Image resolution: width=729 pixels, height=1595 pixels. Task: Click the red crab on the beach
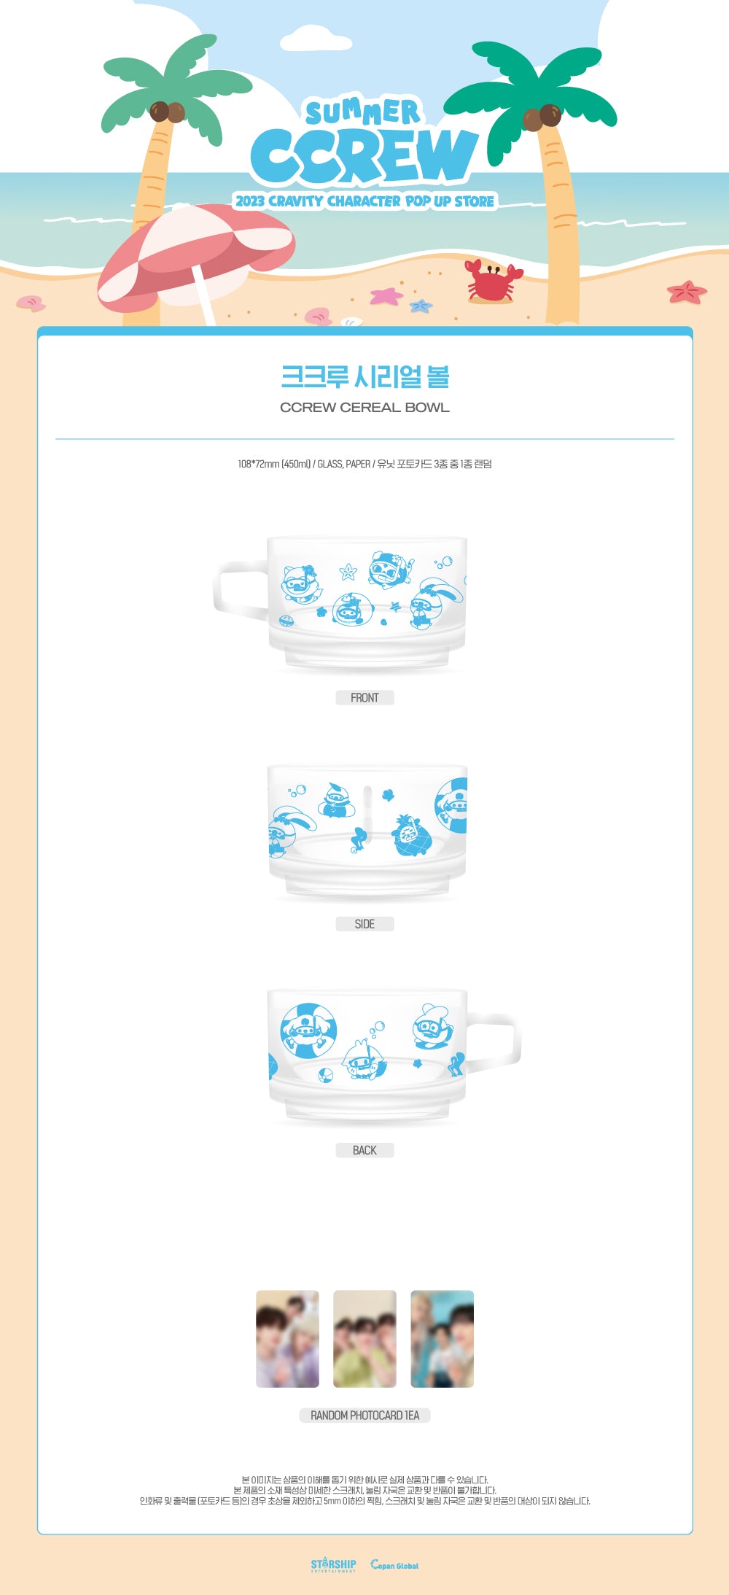(493, 282)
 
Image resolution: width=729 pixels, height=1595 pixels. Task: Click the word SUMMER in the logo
(362, 112)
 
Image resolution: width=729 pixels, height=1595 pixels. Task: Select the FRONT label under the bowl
(364, 698)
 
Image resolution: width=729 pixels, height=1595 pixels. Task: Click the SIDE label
(364, 924)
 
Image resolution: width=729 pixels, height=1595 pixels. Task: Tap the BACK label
(364, 1150)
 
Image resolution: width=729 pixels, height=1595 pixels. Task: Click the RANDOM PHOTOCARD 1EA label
(364, 1415)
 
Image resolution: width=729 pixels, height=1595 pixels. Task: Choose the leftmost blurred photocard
(287, 1338)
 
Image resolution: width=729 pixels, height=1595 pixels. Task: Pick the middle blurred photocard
(364, 1338)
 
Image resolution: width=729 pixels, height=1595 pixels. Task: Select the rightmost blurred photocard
(442, 1338)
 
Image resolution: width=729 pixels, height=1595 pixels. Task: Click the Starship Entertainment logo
(333, 1564)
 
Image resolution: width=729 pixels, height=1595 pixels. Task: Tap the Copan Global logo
(394, 1565)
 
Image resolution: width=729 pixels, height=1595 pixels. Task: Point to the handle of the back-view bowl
(499, 1043)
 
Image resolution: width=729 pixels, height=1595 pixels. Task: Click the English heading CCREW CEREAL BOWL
(364, 408)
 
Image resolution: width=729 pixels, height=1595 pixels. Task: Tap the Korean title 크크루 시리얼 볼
(364, 376)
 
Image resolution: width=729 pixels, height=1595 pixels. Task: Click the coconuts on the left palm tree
(167, 112)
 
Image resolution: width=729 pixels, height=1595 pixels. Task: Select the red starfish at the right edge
(686, 292)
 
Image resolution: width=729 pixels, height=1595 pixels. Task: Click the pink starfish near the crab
(386, 296)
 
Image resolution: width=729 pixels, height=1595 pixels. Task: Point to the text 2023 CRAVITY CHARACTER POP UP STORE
(364, 201)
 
